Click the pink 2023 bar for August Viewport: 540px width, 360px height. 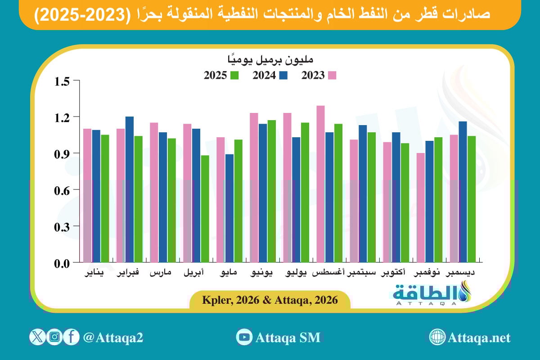point(320,184)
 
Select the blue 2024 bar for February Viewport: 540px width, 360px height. point(130,189)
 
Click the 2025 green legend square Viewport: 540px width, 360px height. point(234,76)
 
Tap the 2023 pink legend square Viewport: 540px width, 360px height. point(332,76)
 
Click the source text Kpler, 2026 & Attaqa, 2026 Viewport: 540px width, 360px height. point(270,300)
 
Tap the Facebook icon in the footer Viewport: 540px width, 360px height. point(71,337)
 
